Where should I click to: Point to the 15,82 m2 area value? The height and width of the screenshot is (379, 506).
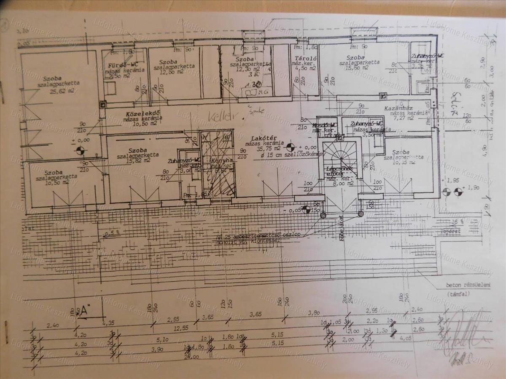coord(138,160)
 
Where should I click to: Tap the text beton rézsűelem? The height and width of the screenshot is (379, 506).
coord(468,286)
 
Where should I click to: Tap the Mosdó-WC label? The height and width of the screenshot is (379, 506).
coord(325,125)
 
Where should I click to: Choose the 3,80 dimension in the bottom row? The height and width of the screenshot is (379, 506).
coord(314,313)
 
